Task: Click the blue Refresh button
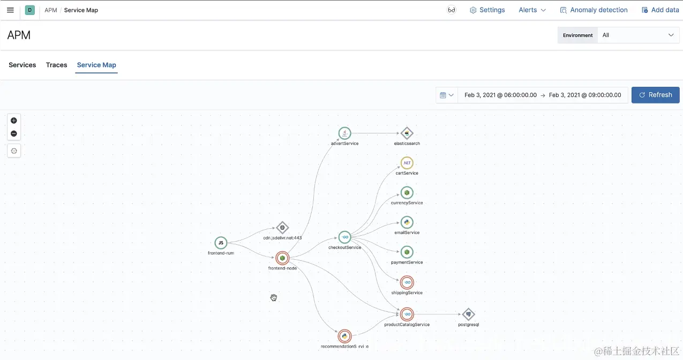pos(655,95)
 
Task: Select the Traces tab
pos(56,65)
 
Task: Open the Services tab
pos(22,65)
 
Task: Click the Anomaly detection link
pos(594,10)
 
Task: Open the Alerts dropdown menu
pos(532,10)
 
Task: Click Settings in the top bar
pos(487,10)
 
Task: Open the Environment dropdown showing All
pos(637,35)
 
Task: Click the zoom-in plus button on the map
pos(14,121)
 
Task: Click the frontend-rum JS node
pos(221,243)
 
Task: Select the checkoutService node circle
pos(344,237)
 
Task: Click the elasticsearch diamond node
pos(407,133)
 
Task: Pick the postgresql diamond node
pos(468,314)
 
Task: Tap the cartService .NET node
pos(407,163)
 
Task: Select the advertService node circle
pos(344,133)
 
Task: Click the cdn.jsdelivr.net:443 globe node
pos(282,227)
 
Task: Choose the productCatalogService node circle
pos(407,314)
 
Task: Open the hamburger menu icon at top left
pos(10,10)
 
